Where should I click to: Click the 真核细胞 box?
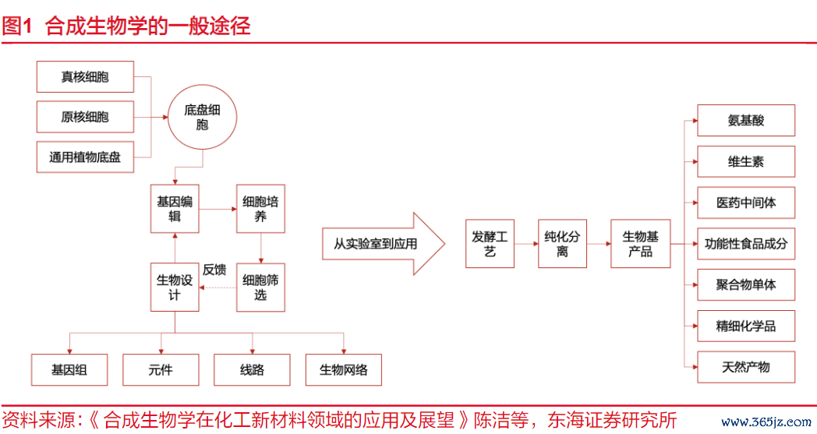[85, 76]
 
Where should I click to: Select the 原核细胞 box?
[85, 117]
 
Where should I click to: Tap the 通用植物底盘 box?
[85, 157]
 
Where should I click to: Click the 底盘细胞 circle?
[202, 117]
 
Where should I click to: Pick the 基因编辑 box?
[175, 208]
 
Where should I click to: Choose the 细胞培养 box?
[260, 208]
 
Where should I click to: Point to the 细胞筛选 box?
[260, 288]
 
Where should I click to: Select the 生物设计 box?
[175, 288]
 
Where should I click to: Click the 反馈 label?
[214, 270]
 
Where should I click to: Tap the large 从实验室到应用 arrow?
[384, 243]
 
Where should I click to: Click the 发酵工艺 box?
[490, 244]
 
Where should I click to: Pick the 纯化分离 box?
[562, 244]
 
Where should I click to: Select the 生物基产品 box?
[640, 244]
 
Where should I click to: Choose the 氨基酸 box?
[746, 120]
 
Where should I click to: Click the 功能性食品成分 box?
[746, 243]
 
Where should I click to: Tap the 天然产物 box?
[746, 367]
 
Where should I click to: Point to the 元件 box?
[161, 370]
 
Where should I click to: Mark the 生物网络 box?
[344, 370]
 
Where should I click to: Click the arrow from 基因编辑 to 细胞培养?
[218, 209]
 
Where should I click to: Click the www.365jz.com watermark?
[766, 421]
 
